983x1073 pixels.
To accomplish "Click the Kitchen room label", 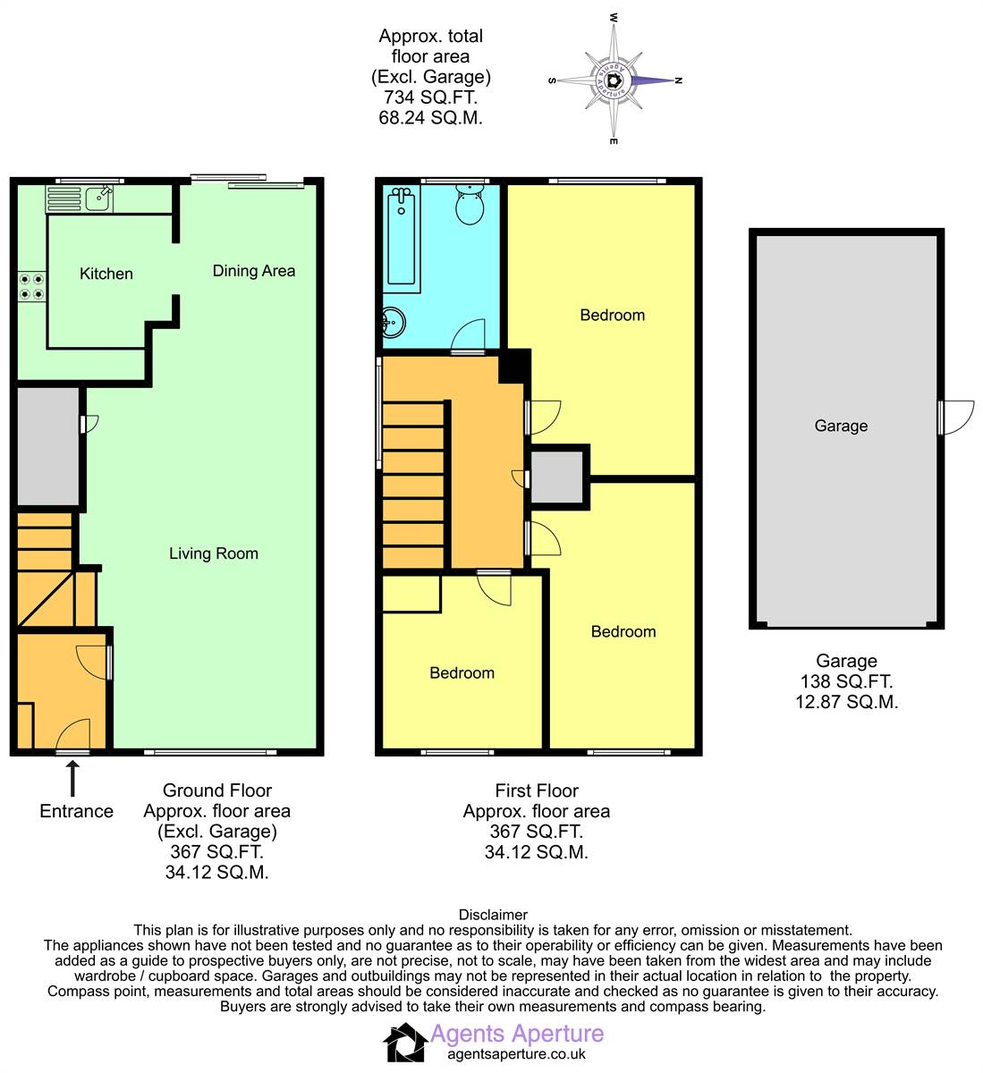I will pyautogui.click(x=106, y=274).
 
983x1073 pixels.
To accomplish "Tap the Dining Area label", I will pyautogui.click(x=253, y=271).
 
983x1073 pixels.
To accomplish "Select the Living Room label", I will pyautogui.click(x=214, y=553).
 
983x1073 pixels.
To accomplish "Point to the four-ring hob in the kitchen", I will pyautogui.click(x=32, y=287).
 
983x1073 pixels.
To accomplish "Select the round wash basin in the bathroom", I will pyautogui.click(x=394, y=320).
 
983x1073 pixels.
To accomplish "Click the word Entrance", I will pyautogui.click(x=77, y=811).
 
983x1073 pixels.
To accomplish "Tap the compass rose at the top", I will pyautogui.click(x=614, y=80).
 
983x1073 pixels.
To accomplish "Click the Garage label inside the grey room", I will pyautogui.click(x=841, y=426).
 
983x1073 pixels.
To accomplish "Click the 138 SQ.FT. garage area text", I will pyautogui.click(x=846, y=681).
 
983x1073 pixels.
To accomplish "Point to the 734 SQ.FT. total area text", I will pyautogui.click(x=430, y=97).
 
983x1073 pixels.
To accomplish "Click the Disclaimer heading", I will pyautogui.click(x=493, y=915).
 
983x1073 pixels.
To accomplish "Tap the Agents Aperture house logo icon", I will pyautogui.click(x=405, y=1043).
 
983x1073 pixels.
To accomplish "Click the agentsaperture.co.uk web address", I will pyautogui.click(x=516, y=1054).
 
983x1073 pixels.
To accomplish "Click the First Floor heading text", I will pyautogui.click(x=537, y=790).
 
